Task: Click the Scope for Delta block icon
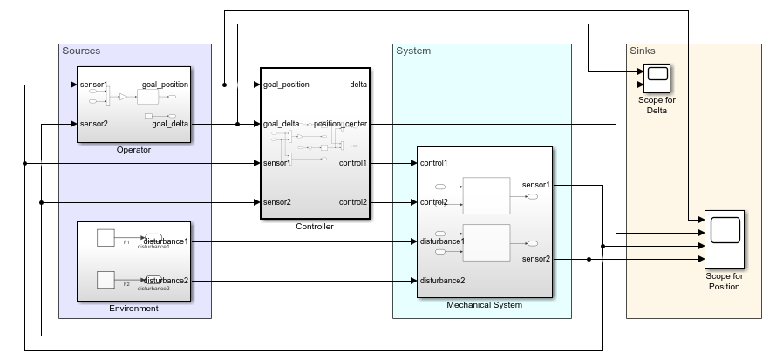tap(656, 78)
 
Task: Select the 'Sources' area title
tap(81, 51)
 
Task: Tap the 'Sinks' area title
tap(642, 51)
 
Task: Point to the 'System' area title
tap(413, 51)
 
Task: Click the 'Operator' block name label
tap(133, 150)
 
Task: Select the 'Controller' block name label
tap(314, 227)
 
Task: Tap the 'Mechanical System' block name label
tap(484, 305)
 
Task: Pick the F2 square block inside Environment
tap(106, 280)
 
